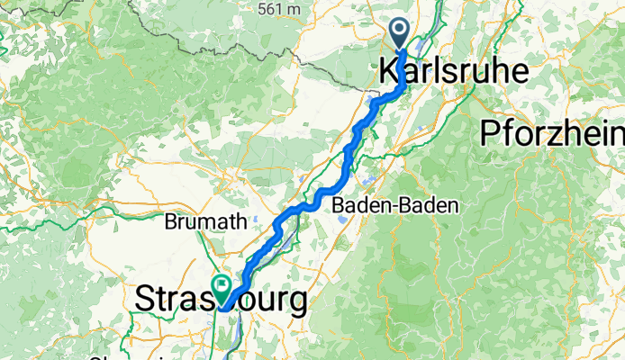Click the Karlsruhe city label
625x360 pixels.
point(453,69)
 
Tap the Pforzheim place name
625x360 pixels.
point(551,132)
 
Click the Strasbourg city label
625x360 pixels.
point(221,300)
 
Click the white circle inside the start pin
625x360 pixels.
point(400,32)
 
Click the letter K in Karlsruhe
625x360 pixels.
point(389,69)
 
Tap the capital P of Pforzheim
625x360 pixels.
point(490,132)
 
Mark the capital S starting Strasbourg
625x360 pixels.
point(144,300)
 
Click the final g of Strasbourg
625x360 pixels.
point(296,302)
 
